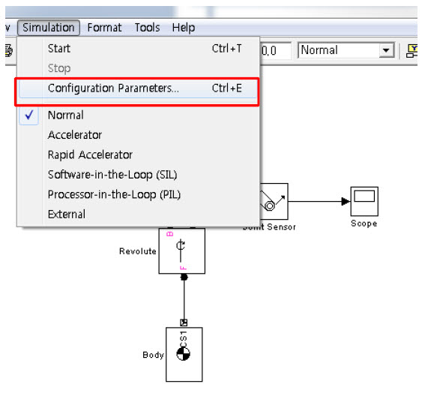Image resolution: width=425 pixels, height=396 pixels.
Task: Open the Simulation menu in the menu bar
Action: pyautogui.click(x=49, y=28)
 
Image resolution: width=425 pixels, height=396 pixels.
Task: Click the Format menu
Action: pyautogui.click(x=104, y=28)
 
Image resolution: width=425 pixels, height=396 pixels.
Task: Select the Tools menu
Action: pyautogui.click(x=147, y=28)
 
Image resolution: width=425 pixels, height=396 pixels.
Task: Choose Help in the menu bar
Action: pyautogui.click(x=184, y=28)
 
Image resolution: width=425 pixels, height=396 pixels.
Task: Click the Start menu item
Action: pyautogui.click(x=59, y=49)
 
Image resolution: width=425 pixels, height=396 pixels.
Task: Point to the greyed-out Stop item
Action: pyautogui.click(x=59, y=68)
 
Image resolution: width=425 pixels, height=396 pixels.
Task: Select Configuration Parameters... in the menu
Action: pyautogui.click(x=113, y=88)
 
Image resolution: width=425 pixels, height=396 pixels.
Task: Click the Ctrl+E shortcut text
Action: pyautogui.click(x=226, y=88)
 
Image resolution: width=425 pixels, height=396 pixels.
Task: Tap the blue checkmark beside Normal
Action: pyautogui.click(x=29, y=115)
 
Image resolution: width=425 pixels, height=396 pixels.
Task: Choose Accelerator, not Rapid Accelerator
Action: pyautogui.click(x=75, y=135)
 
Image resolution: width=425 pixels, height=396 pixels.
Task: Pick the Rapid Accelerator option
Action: pyautogui.click(x=90, y=154)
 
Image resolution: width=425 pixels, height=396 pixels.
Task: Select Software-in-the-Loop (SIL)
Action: pyautogui.click(x=112, y=175)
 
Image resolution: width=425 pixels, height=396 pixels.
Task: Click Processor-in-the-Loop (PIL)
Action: pyautogui.click(x=114, y=194)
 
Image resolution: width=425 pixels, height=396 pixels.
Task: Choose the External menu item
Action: pyautogui.click(x=67, y=214)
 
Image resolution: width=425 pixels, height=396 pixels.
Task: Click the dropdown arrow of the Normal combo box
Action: pyautogui.click(x=386, y=50)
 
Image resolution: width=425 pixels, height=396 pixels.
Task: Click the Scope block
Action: pyautogui.click(x=364, y=201)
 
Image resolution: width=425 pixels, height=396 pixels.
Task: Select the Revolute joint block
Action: pyautogui.click(x=182, y=251)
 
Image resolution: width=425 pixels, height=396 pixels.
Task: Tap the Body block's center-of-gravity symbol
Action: pyautogui.click(x=183, y=354)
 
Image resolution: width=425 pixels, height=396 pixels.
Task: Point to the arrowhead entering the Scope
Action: pyautogui.click(x=346, y=201)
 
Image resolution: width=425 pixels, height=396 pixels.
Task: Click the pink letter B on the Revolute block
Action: pyautogui.click(x=170, y=234)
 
